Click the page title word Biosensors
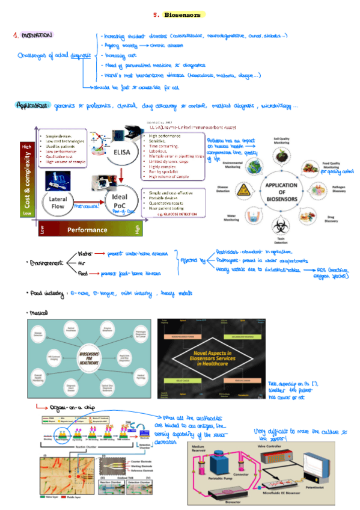coord(184,14)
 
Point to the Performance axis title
coord(87,230)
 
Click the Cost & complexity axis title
coord(26,179)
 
